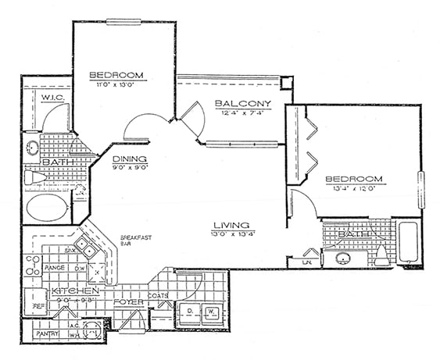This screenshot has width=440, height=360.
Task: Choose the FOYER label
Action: (127, 301)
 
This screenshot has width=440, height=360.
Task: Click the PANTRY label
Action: (47, 333)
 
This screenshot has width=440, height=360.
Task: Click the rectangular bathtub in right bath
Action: (409, 243)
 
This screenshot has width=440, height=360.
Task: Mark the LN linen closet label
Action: (307, 262)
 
